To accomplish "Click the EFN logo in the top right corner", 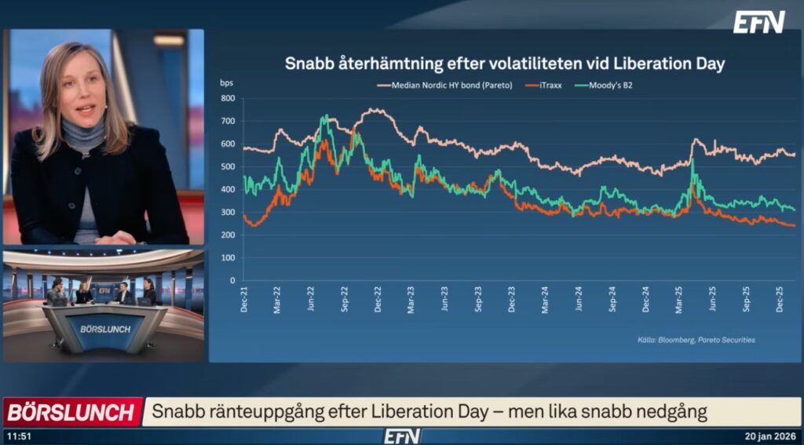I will pyautogui.click(x=758, y=22).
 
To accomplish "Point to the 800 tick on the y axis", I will pyautogui.click(x=228, y=99).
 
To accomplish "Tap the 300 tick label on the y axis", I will pyautogui.click(x=228, y=213).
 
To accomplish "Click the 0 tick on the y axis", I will pyautogui.click(x=232, y=280).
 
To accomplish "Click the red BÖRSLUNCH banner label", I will pyautogui.click(x=71, y=411).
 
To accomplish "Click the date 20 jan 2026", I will pyautogui.click(x=771, y=436).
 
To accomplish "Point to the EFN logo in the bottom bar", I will pyautogui.click(x=401, y=436).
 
